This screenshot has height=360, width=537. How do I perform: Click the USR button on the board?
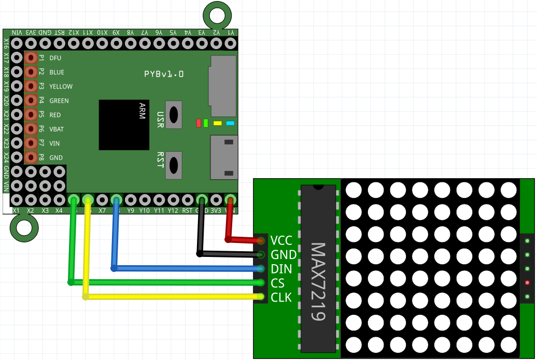173,114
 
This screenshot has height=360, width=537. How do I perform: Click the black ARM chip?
124,125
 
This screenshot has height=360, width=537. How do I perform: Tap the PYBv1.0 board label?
164,74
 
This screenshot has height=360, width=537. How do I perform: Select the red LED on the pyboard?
199,123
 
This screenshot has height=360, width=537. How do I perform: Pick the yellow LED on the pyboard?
218,123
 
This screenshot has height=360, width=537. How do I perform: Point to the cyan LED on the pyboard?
230,123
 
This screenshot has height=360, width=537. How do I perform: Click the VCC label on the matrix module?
281,240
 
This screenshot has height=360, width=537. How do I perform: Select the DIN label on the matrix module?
281,269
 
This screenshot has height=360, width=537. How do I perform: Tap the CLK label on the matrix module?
281,297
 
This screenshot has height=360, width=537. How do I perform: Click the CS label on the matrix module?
278,283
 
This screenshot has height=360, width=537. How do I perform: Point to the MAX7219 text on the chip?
318,282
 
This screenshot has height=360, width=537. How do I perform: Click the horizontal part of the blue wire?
187,268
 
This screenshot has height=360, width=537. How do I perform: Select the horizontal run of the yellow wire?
171,297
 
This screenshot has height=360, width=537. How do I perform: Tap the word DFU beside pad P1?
55,58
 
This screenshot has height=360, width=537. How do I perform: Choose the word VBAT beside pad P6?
57,129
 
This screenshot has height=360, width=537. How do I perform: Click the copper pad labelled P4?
31,100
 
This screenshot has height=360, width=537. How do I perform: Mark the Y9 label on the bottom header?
130,211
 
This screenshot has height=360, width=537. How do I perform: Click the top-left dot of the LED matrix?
353,190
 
